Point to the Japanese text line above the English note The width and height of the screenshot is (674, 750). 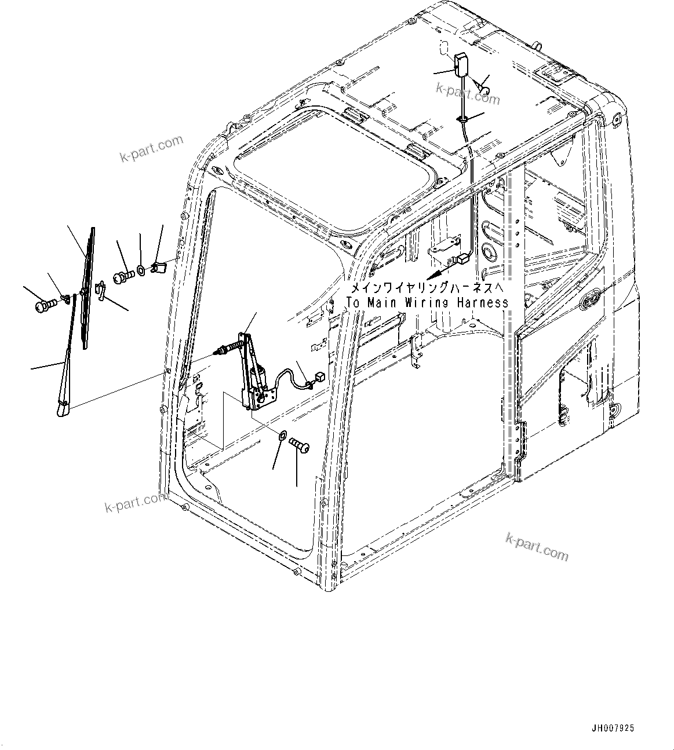coord(427,288)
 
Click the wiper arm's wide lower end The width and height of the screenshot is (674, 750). coord(62,409)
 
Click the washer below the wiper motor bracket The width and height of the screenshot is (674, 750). coord(283,436)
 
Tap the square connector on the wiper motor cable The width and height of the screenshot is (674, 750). coord(318,379)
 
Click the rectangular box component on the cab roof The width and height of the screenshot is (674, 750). coord(462,65)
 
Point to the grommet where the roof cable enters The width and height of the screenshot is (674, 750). coord(462,119)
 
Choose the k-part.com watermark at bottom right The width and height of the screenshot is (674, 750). coord(537,546)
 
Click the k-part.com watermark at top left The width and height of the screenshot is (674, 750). coord(152,148)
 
